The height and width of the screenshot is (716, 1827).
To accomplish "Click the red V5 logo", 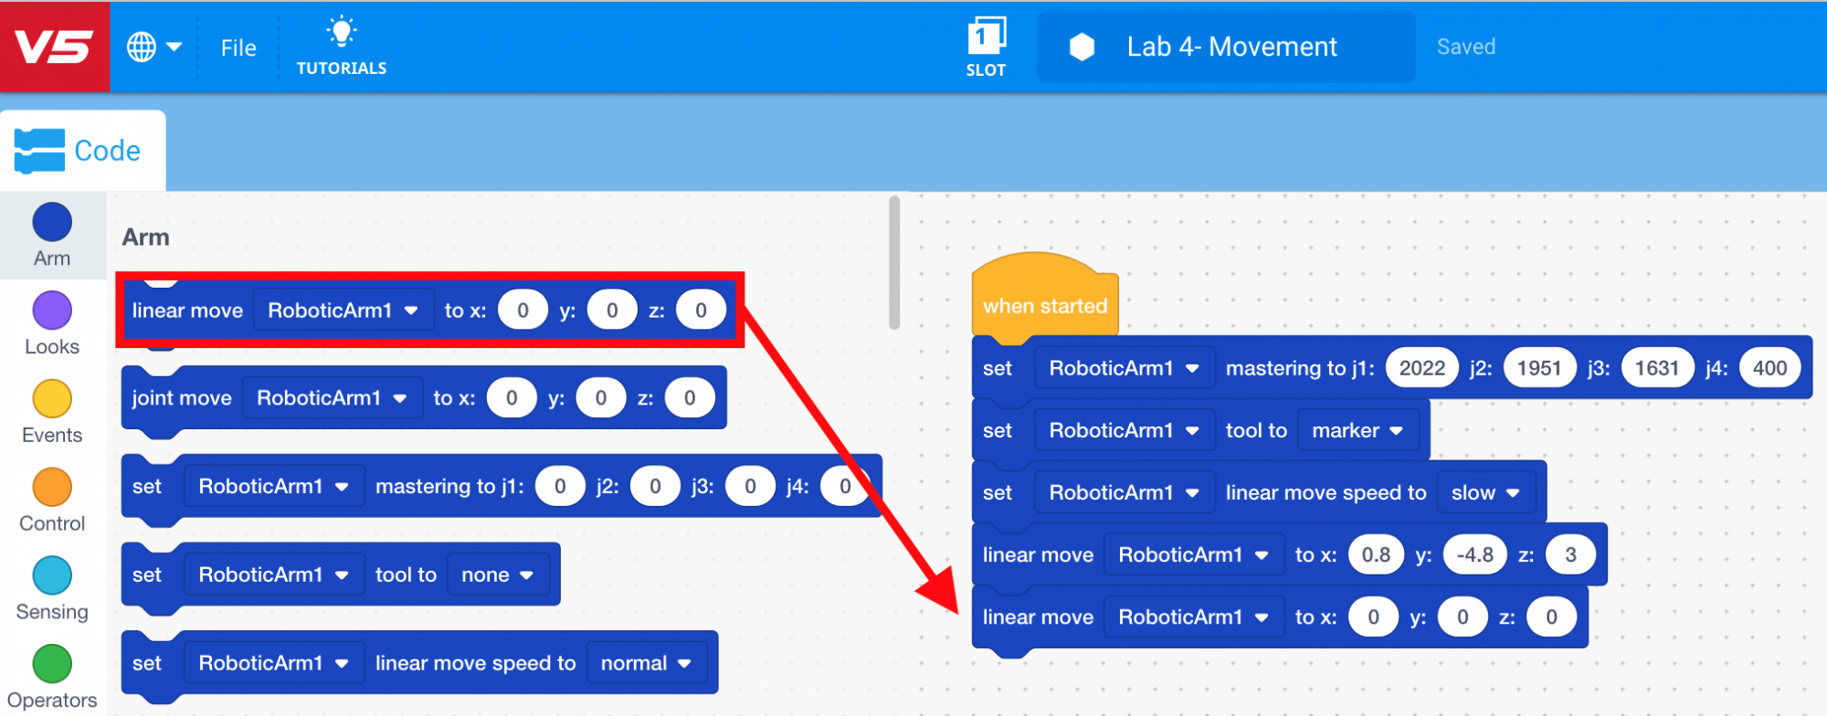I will pos(54,47).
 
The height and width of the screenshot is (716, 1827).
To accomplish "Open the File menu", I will pos(238,47).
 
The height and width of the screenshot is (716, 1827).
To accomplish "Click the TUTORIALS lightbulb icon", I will pos(342,33).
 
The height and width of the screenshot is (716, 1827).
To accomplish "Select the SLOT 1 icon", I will pos(986,37).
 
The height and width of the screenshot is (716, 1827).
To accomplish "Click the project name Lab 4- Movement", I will pos(1230,47).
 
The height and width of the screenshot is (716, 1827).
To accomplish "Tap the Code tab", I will pos(82,151).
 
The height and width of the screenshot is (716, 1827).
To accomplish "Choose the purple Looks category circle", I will pos(52,311).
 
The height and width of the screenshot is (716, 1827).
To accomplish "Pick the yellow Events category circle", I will pos(52,399).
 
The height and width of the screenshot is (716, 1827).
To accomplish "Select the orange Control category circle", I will pos(52,488).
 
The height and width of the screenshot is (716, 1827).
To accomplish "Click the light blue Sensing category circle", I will pos(52,576).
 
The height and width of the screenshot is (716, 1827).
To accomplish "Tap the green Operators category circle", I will pos(52,664).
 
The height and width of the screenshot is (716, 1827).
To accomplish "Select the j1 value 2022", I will pos(1421,368).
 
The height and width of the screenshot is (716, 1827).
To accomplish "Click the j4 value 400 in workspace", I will pos(1769,368).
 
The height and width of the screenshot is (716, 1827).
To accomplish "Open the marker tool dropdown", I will pos(1357,430).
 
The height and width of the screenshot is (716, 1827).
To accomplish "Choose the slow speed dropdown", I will pos(1485,492).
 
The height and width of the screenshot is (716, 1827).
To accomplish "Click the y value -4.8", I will pos(1474,554).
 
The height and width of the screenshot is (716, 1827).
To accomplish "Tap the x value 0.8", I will pos(1376,554).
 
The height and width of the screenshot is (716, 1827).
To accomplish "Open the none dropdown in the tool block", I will pos(497,574).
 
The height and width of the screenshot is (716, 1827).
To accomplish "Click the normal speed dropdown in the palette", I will pos(646,663).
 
